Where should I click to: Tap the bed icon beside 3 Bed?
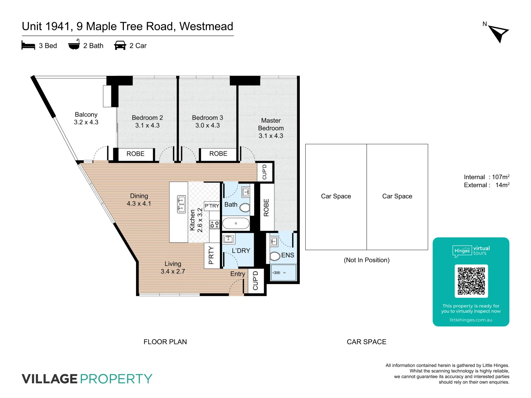(28, 46)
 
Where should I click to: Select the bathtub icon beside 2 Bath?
(74, 45)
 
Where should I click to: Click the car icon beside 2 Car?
(120, 46)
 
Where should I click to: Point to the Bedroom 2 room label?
(147, 122)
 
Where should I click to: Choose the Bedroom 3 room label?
(207, 122)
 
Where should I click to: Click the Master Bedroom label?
(271, 128)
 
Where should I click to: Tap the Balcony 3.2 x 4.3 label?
(86, 118)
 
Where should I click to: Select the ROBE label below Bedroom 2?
(135, 154)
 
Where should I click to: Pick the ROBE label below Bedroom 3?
(218, 154)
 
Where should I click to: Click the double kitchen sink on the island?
(181, 205)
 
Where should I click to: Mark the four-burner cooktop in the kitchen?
(215, 224)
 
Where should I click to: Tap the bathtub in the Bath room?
(236, 223)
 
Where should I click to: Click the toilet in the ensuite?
(275, 256)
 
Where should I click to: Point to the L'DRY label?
(241, 251)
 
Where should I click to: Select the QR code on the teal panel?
(471, 281)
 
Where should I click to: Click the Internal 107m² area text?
(486, 177)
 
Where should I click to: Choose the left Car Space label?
(336, 196)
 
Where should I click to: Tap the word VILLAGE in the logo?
(49, 379)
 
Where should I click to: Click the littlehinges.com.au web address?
(471, 320)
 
